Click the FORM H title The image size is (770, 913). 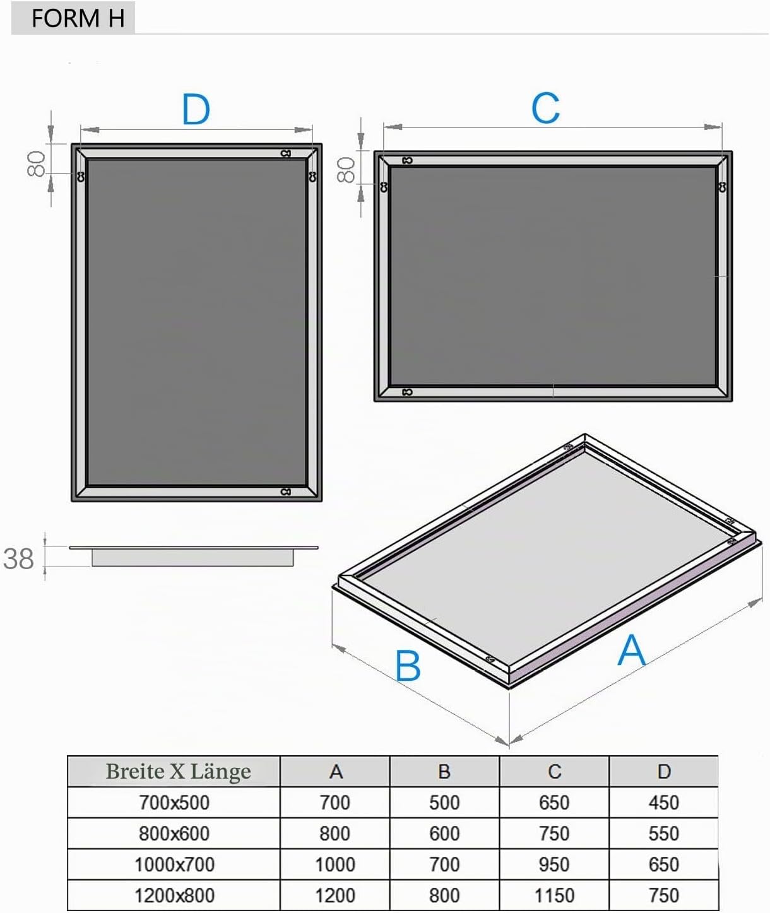78,18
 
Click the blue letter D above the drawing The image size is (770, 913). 196,109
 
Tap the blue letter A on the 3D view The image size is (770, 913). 631,650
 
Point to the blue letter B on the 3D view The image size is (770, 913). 408,666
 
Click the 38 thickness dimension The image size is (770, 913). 18,559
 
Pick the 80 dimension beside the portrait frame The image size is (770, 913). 36,164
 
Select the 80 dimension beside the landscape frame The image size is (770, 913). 346,169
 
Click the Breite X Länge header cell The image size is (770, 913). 179,771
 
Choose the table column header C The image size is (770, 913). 554,772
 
